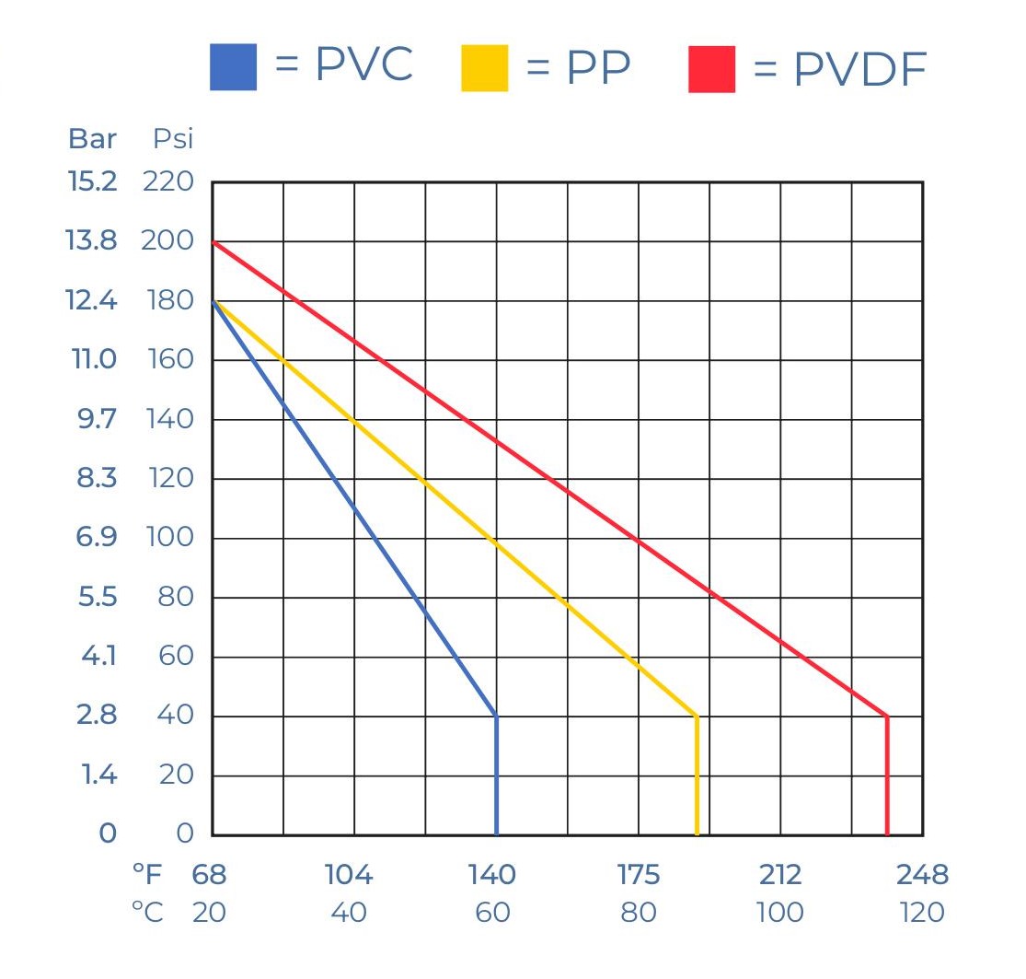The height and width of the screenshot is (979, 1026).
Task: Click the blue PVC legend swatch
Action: point(233,67)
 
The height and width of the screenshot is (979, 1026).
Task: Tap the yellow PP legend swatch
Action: point(484,67)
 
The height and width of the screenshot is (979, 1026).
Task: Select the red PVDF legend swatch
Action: point(711,69)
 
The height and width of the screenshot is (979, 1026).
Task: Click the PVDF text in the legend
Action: point(859,69)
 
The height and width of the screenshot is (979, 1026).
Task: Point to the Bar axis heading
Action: point(92,139)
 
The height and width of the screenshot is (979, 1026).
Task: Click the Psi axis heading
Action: point(173,139)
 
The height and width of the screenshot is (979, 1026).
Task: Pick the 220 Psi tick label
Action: point(168,182)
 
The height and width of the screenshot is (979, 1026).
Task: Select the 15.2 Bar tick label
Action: point(92,182)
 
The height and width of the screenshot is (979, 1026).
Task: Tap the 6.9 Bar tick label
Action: point(96,538)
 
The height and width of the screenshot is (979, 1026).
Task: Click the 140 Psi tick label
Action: point(170,419)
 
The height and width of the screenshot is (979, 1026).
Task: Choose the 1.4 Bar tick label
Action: point(98,775)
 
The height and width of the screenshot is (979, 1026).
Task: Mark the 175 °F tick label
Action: point(638,875)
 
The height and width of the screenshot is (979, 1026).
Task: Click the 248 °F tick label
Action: point(921,875)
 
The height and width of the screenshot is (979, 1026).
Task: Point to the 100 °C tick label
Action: point(779,913)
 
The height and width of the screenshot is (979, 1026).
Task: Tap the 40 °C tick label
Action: point(348,913)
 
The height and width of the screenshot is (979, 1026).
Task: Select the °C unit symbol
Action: point(147,913)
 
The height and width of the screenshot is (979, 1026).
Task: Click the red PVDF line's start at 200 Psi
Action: point(213,242)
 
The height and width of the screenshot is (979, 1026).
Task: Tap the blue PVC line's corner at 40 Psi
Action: point(496,716)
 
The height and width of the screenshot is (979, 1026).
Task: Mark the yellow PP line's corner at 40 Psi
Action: point(697,716)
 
